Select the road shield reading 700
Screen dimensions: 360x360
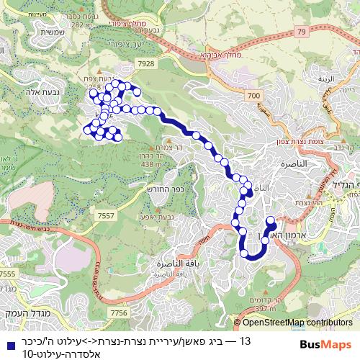tap(251, 94)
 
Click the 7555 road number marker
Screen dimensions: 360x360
tap(8, 274)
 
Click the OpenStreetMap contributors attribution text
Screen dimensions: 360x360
tap(297, 323)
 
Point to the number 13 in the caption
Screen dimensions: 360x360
tap(245, 340)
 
